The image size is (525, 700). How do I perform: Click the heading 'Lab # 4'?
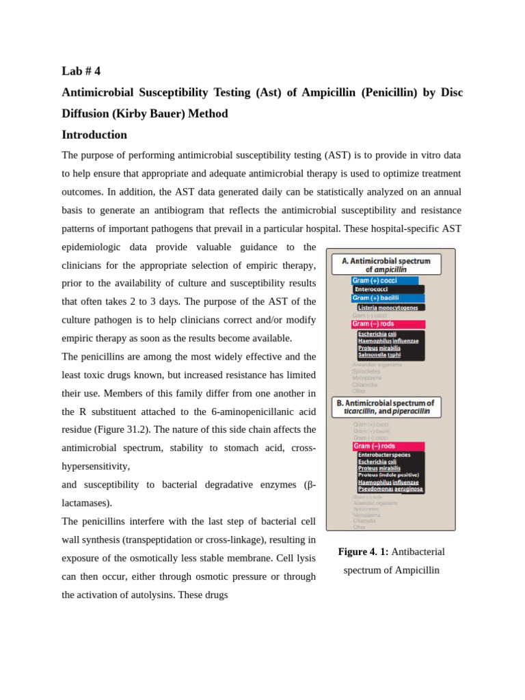pos(81,71)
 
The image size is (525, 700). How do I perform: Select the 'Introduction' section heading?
pos(94,135)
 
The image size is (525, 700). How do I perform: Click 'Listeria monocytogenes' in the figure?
pos(388,308)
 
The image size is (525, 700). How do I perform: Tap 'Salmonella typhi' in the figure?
pos(379,355)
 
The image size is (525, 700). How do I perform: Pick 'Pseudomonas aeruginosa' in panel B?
pos(390,489)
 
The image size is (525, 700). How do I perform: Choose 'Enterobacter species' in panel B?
pos(383,455)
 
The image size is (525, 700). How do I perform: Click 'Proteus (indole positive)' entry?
pos(388,474)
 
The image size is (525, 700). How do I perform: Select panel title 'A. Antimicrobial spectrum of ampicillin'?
pos(386,265)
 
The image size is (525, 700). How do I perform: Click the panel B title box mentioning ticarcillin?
pos(386,407)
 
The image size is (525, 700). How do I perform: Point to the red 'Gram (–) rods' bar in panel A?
pos(388,324)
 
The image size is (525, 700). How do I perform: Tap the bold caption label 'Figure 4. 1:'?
pos(363,552)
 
